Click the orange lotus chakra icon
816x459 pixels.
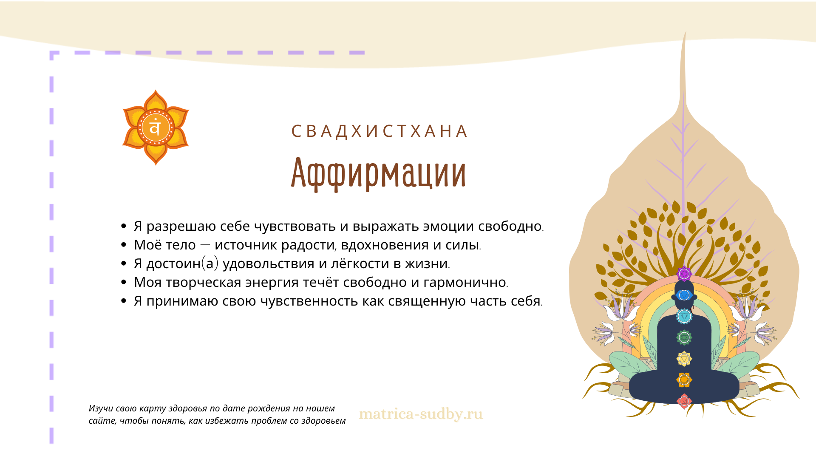tap(156, 127)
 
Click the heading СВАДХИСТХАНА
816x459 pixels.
tap(380, 131)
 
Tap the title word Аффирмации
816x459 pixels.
tap(379, 173)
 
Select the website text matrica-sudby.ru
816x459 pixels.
tap(421, 414)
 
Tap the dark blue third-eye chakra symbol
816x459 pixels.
tap(684, 295)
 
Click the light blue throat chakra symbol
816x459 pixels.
tap(684, 316)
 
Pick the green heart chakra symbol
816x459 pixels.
tap(684, 337)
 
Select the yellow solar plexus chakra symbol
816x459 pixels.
tap(684, 359)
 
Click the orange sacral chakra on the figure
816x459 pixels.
tap(684, 380)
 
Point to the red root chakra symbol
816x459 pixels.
tap(684, 401)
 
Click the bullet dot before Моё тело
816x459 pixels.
tap(124, 245)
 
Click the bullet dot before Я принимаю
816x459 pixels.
tap(124, 301)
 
